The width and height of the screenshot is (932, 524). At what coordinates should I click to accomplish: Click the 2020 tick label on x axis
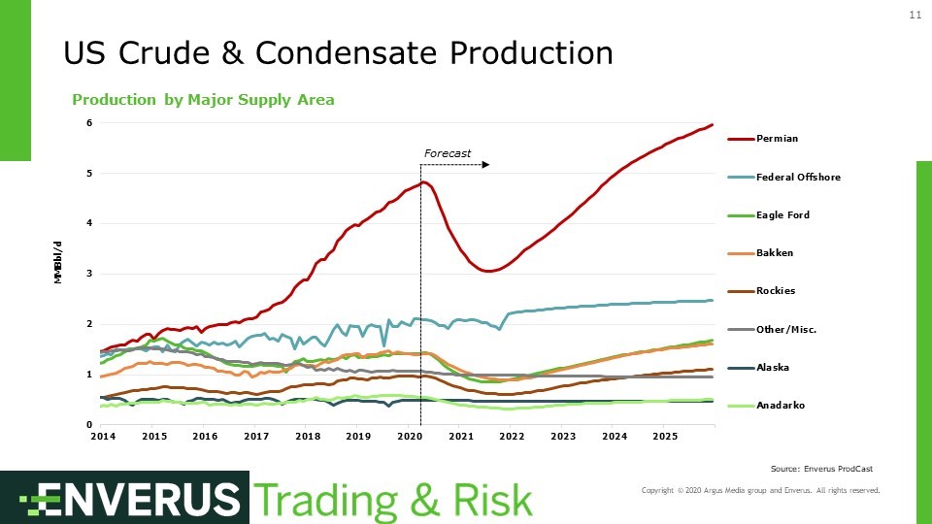(409, 438)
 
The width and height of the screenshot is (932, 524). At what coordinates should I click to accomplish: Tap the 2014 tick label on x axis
(103, 438)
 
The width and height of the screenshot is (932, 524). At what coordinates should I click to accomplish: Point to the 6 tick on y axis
(89, 123)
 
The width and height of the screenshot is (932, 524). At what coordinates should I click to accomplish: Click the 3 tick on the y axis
(89, 274)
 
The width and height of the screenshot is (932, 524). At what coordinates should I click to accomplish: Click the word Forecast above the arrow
(448, 153)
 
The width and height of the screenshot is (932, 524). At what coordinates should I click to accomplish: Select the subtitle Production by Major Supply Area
(203, 100)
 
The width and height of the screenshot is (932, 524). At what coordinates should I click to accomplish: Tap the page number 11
(915, 16)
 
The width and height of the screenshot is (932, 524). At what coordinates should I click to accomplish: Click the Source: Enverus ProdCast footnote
(820, 469)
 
